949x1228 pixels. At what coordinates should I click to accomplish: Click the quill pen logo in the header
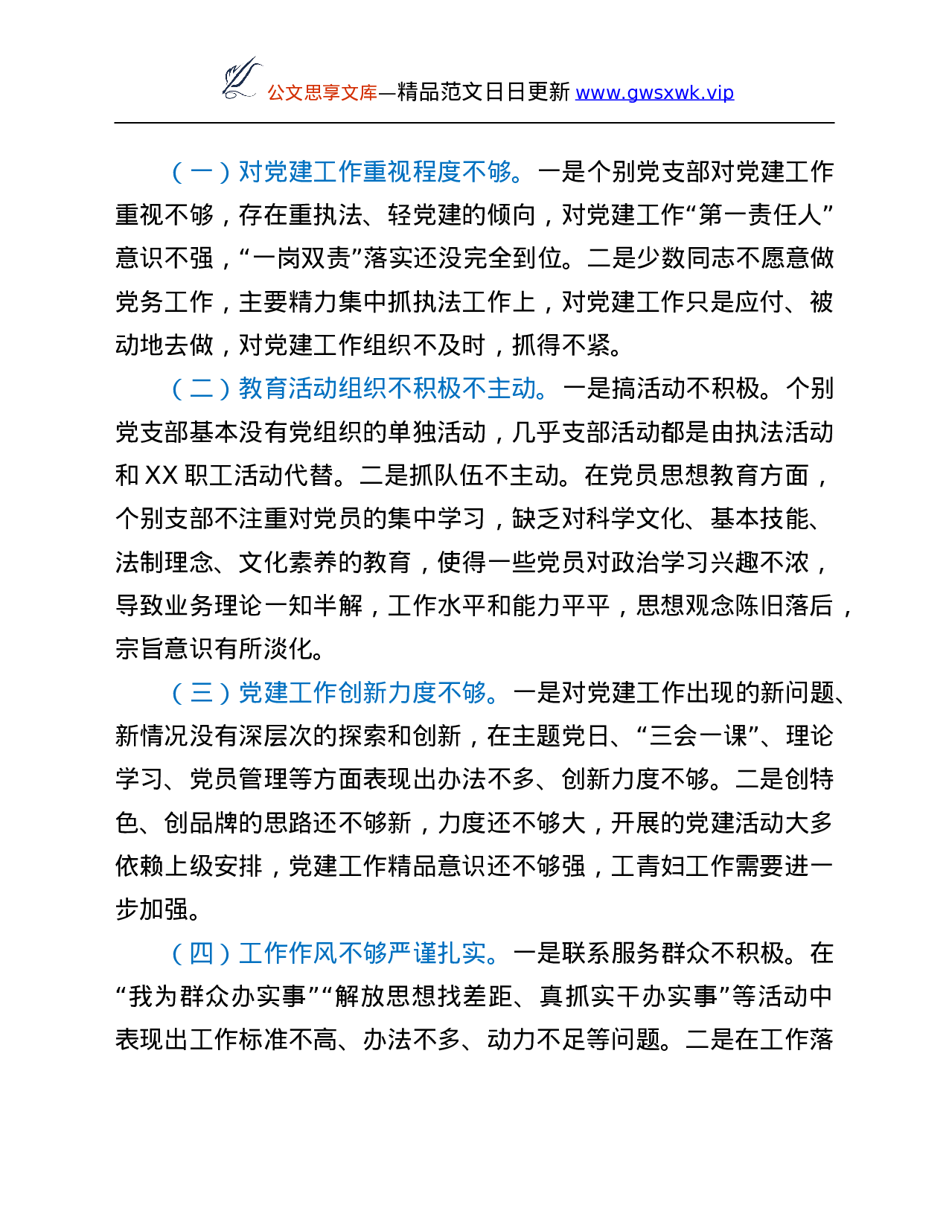pyautogui.click(x=243, y=78)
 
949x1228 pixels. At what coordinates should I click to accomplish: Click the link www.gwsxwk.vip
pyautogui.click(x=655, y=92)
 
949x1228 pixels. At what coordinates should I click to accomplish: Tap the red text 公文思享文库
pyautogui.click(x=322, y=92)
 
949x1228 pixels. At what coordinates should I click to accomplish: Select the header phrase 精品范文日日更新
pyautogui.click(x=484, y=92)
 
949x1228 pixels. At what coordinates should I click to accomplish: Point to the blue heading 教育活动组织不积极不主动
pyautogui.click(x=388, y=388)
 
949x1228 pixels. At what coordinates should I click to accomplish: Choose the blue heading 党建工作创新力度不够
pyautogui.click(x=362, y=693)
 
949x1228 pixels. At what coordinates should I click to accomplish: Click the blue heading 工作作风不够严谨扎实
pyautogui.click(x=362, y=953)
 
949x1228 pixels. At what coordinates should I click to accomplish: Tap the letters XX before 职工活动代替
pyautogui.click(x=161, y=476)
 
